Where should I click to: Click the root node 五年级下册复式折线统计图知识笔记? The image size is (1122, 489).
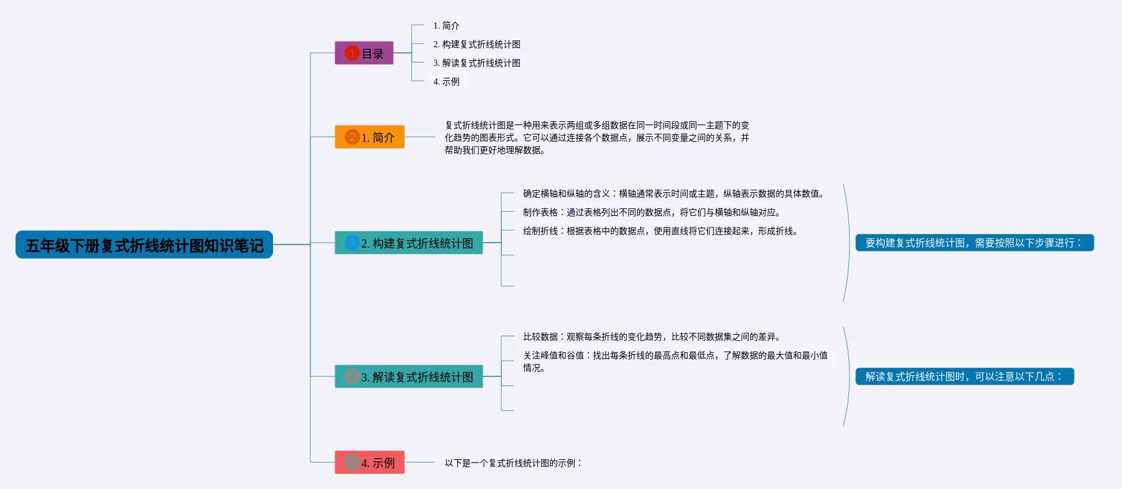144,245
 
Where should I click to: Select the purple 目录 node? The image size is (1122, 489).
364,54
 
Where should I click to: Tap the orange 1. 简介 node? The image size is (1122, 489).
369,137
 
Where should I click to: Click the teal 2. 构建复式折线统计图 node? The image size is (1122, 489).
409,243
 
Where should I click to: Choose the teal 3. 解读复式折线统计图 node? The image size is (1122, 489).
409,376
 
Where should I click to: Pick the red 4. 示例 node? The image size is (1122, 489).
369,462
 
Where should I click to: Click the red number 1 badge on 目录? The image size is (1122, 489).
352,53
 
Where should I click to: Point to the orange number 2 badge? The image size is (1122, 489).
352,137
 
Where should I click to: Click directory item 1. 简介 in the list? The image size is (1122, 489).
446,26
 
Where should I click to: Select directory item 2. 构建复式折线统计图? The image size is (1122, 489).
476,44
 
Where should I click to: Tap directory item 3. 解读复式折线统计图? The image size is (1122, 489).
476,63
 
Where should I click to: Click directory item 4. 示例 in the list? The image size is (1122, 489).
446,81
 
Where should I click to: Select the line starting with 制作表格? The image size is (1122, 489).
651,212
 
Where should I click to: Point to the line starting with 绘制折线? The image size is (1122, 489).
660,231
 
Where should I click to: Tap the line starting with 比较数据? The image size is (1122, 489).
651,337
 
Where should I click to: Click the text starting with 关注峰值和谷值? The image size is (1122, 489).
675,361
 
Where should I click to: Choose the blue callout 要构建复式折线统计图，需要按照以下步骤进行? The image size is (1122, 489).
974,243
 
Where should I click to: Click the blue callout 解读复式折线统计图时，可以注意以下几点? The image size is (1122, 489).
964,376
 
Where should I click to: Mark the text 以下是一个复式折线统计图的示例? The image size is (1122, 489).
513,463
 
